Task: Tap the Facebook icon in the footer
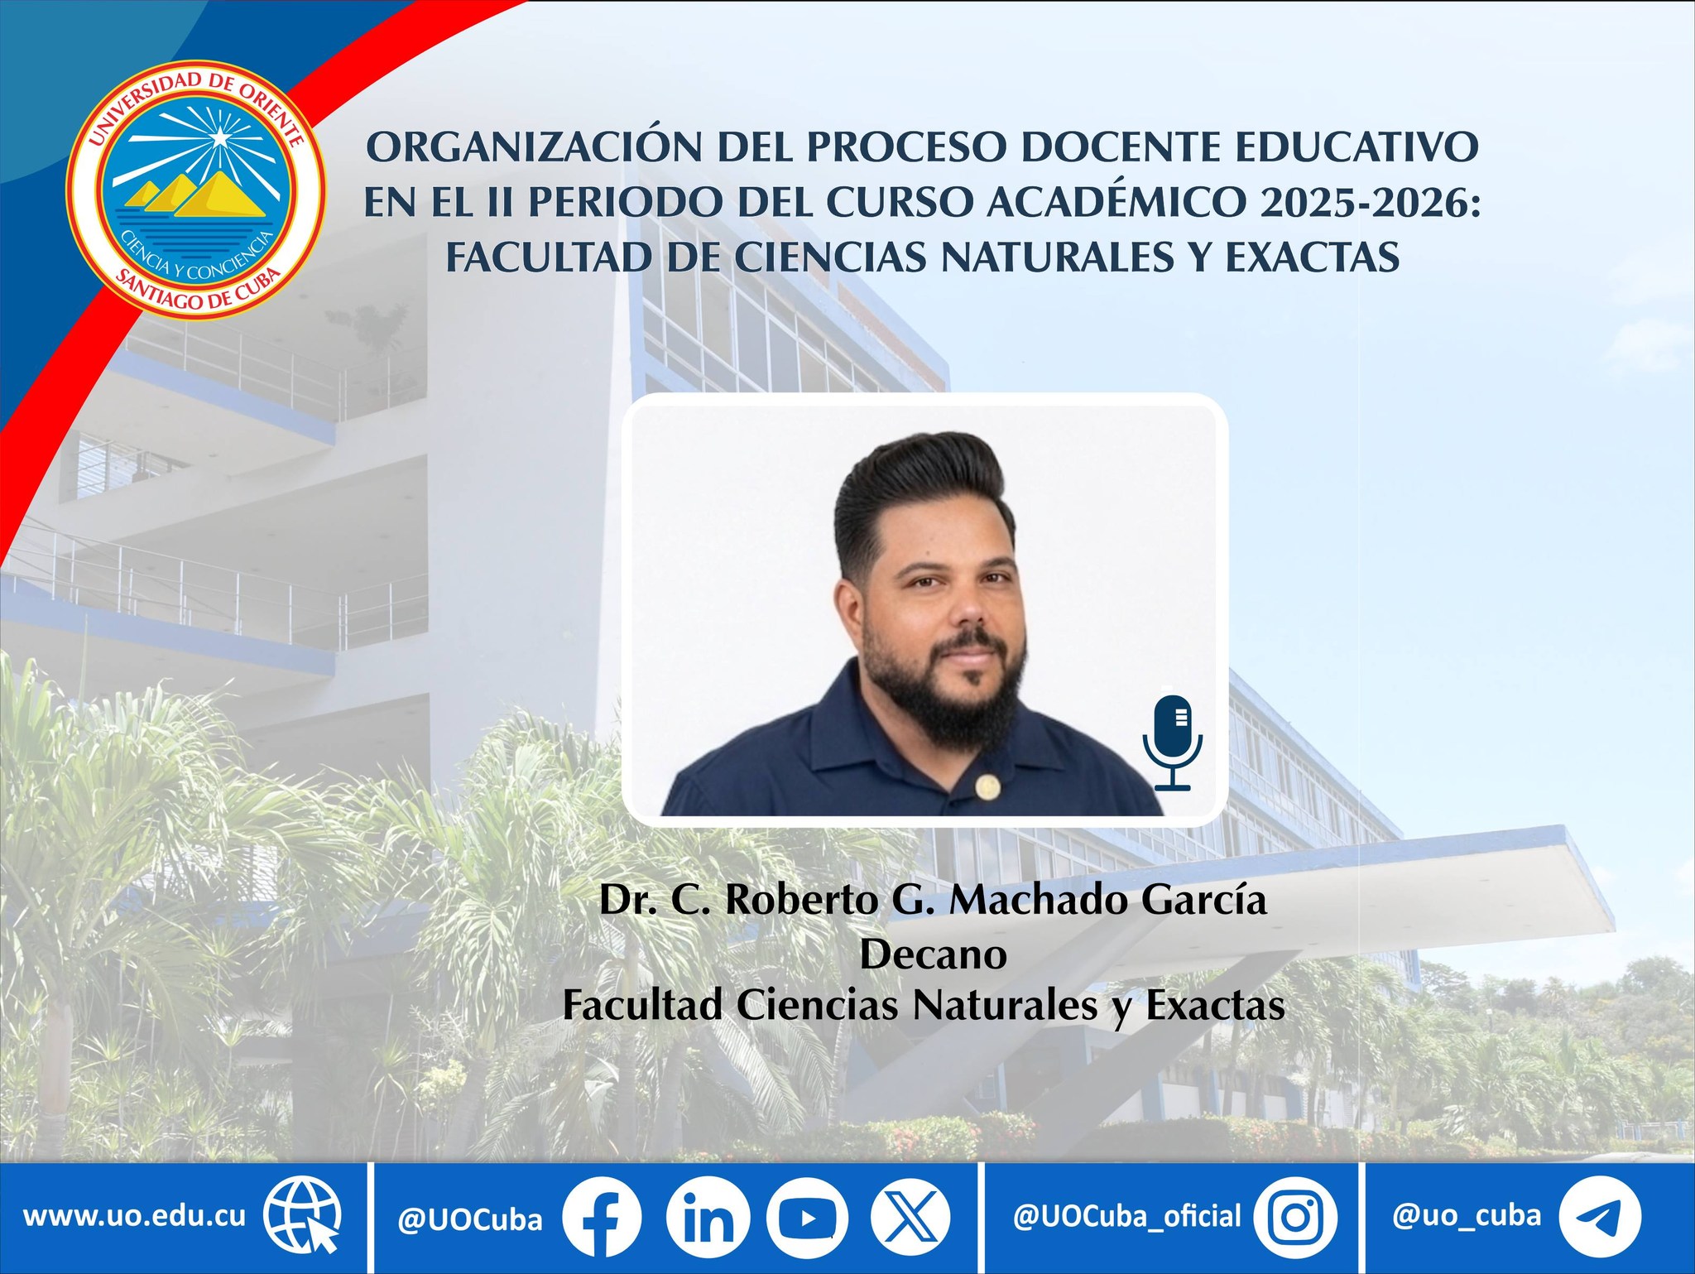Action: [602, 1218]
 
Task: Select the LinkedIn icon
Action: [708, 1218]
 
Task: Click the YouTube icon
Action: [807, 1218]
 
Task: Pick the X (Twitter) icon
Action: [910, 1218]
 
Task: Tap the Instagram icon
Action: [1295, 1218]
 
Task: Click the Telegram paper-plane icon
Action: [1599, 1218]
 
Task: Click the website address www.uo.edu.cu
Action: [134, 1216]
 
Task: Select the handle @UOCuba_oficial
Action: [1127, 1216]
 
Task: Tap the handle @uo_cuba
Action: [1467, 1215]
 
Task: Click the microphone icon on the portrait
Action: [1173, 743]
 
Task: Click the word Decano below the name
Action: [933, 954]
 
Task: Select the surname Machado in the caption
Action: [1039, 901]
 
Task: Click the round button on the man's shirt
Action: [985, 787]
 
